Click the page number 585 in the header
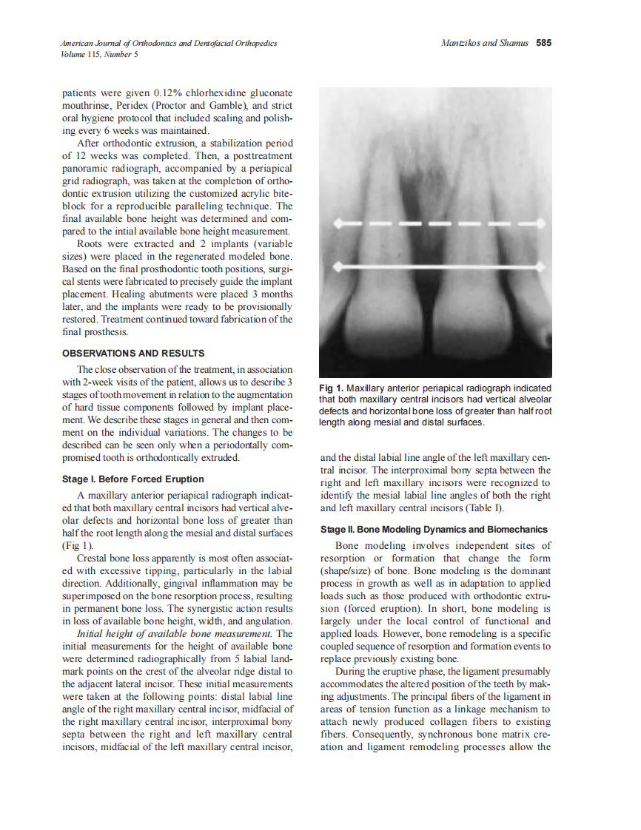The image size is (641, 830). pos(544,43)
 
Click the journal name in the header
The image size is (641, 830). pos(169,43)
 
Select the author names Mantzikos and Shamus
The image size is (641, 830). pos(484,43)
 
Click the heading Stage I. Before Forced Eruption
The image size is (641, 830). pos(132,479)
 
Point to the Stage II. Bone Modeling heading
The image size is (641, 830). pos(434,530)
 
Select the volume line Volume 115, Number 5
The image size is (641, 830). pos(99,54)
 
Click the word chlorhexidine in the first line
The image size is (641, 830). pos(215,93)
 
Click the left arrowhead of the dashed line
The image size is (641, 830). pos(338,222)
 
